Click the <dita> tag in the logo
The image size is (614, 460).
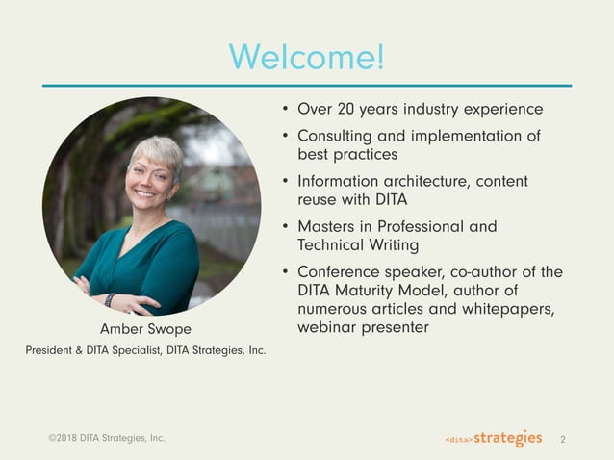coord(458,440)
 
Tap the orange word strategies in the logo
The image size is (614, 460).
coord(507,439)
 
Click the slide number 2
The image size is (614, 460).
coord(562,440)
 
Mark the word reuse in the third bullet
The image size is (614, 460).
coord(319,199)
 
